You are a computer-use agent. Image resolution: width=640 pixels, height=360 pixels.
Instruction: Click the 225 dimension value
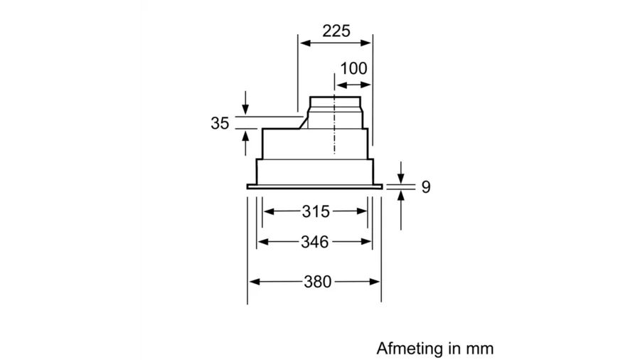[336, 31]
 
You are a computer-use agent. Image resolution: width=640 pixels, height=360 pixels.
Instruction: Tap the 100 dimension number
[353, 68]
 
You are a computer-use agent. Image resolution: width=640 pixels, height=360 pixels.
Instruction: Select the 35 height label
[220, 123]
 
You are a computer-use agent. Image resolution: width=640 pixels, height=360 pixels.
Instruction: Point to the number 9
[426, 187]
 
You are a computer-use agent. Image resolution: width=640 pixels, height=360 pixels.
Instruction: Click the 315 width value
[316, 211]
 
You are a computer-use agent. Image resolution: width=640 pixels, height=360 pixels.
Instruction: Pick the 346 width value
[315, 242]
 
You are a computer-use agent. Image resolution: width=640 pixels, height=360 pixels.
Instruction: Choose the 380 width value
[318, 282]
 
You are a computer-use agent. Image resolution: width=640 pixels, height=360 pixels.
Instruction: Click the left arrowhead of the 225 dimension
[305, 43]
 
